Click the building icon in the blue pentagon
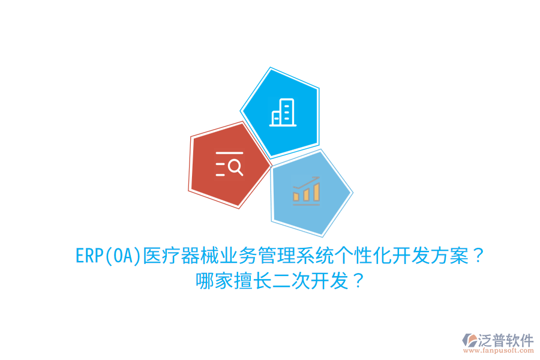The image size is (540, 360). [x=282, y=113]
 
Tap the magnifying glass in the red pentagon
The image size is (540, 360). [x=235, y=167]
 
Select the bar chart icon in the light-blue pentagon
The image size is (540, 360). [x=306, y=190]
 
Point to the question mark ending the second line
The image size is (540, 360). [x=356, y=281]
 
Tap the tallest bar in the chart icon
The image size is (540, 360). [x=316, y=191]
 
